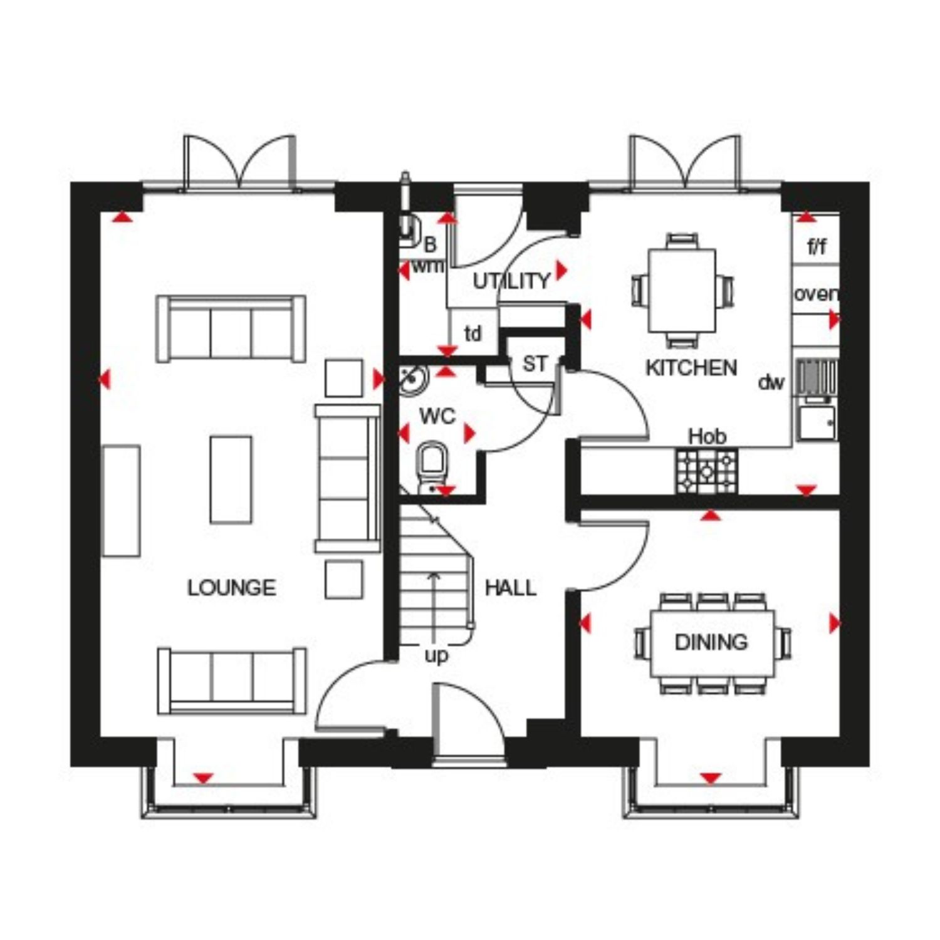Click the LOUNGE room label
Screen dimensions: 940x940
click(232, 587)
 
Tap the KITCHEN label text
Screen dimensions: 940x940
click(691, 368)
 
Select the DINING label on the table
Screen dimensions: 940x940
click(711, 642)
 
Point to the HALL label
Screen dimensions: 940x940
click(511, 587)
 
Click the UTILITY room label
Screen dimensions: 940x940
click(511, 281)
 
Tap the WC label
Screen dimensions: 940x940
click(437, 416)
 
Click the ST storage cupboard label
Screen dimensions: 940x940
click(535, 363)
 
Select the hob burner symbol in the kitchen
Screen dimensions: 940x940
click(706, 470)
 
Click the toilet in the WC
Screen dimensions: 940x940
click(432, 466)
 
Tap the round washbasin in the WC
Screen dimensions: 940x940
click(413, 378)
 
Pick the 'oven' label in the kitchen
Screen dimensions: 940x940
click(815, 293)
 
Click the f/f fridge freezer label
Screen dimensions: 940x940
click(817, 247)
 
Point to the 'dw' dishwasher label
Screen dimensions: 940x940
click(771, 382)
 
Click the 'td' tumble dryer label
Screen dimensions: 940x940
click(473, 333)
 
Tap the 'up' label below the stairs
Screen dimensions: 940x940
click(436, 656)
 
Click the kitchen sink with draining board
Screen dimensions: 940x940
click(817, 399)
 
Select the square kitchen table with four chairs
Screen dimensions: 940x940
click(682, 290)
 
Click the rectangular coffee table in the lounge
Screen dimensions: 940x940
click(231, 479)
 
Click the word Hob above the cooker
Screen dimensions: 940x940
click(708, 436)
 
